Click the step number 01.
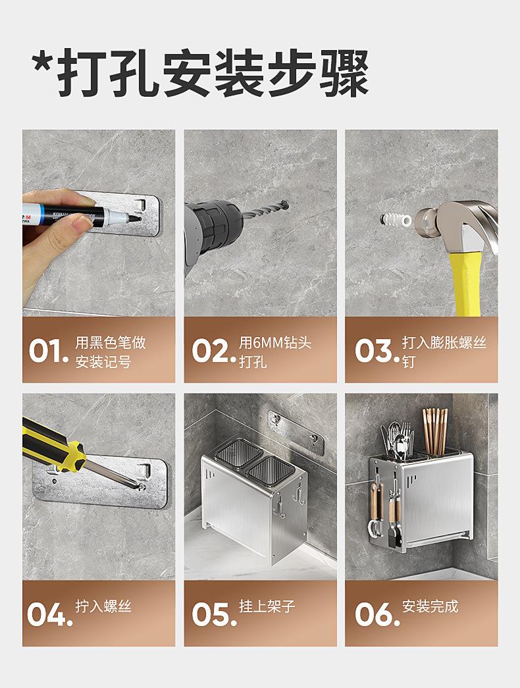pyautogui.click(x=48, y=352)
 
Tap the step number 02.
pyautogui.click(x=214, y=352)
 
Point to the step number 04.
pyautogui.click(x=49, y=614)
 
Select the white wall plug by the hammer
pyautogui.click(x=396, y=219)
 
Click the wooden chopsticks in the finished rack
pyautogui.click(x=435, y=431)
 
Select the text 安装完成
pyautogui.click(x=430, y=606)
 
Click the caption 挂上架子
pyautogui.click(x=267, y=606)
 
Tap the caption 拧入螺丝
pyautogui.click(x=103, y=606)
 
